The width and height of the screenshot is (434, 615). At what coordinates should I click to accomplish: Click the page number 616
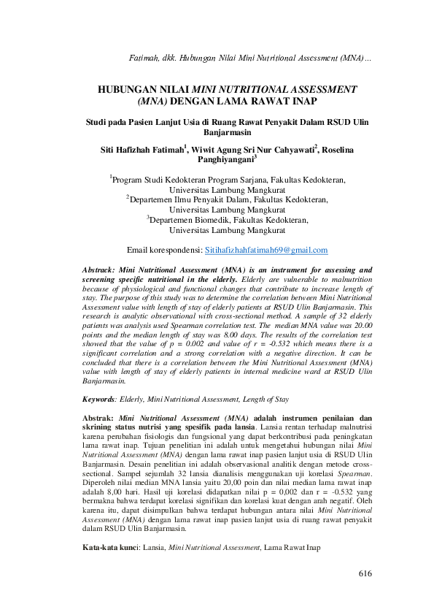point(365,573)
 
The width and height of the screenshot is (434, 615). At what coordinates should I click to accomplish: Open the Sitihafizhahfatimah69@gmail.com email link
point(266,250)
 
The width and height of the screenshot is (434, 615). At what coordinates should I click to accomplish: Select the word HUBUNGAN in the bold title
point(135,88)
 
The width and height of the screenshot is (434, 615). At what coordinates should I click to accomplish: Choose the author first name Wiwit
point(207,149)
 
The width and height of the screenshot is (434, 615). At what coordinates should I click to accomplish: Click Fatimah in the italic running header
point(143,57)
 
